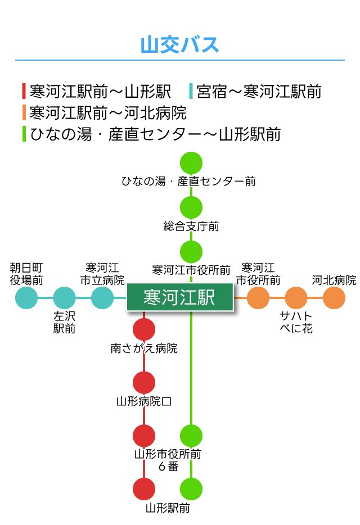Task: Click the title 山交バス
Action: pos(179,45)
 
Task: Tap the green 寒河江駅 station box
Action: pos(179,297)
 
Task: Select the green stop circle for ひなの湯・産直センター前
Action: pos(191,163)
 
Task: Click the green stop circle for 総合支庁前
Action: pos(191,207)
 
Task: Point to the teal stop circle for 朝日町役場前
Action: pos(26,298)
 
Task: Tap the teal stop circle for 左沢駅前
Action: pos(64,298)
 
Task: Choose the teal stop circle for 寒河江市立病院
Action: pos(102,298)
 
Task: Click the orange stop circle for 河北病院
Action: pos(334,298)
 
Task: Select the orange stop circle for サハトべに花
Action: pos(296,298)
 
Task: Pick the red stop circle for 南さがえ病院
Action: pos(144,329)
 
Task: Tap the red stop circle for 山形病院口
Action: pos(144,382)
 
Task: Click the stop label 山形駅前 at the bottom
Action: pos(168,509)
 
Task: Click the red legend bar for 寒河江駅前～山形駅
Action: pos(24,91)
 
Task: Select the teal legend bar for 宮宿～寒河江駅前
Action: pos(191,91)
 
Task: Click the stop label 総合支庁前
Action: pos(191,227)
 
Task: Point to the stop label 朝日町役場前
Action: pos(26,273)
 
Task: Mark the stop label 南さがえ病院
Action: pos(144,349)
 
